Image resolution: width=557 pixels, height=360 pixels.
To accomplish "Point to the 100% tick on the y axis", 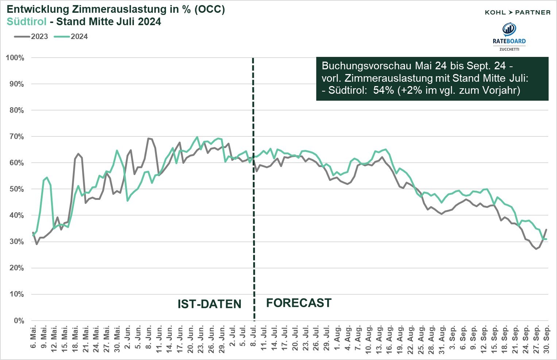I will [15, 58].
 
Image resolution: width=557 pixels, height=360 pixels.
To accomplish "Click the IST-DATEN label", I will [209, 304].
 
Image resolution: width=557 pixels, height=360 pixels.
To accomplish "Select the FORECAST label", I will [299, 303].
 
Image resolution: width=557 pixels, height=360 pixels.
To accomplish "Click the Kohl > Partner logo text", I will [517, 12].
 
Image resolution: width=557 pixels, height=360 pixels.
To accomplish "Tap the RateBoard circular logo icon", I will [509, 29].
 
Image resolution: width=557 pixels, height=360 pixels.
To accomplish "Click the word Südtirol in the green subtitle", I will [27, 22].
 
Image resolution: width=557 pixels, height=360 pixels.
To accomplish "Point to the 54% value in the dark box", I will [381, 90].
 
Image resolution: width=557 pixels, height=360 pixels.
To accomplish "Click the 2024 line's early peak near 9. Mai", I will [47, 177].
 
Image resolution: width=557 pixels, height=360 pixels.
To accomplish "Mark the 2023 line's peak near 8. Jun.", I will [148, 138].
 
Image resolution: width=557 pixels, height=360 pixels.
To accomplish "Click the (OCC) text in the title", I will [210, 9].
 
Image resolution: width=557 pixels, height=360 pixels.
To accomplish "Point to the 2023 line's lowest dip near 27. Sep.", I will [536, 249].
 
